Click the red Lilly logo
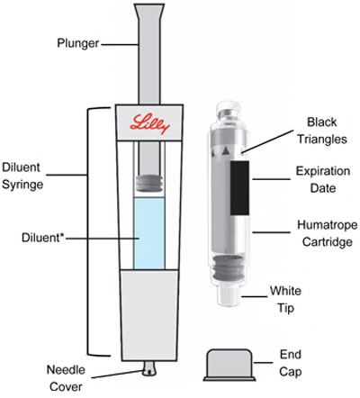pos(149,123)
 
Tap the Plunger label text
pos(78,43)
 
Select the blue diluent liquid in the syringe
pos(149,233)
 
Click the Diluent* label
pos(43,238)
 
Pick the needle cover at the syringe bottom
pos(149,368)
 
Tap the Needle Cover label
pos(66,378)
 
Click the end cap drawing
pos(229,365)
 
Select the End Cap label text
pos(291,363)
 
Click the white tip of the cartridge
pos(229,296)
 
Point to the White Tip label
pos(285,299)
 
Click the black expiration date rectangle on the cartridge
pos(239,188)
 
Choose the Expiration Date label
pos(323,179)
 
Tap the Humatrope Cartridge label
pos(328,233)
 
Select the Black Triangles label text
pos(322,131)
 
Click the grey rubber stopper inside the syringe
pos(149,183)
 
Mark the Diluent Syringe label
pos(22,176)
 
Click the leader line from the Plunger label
pos(120,45)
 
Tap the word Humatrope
pos(328,225)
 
